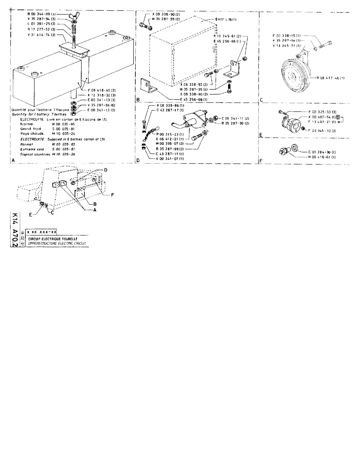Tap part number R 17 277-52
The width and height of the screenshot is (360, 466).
point(42,28)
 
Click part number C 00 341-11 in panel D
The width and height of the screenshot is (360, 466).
point(236,119)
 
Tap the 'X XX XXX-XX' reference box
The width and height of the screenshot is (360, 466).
point(42,232)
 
